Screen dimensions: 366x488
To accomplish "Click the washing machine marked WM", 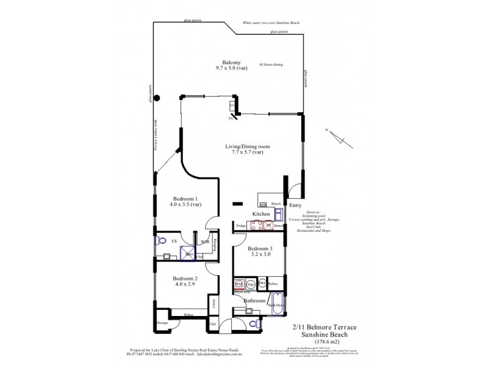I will [x=239, y=285].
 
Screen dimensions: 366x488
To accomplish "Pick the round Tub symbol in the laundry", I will [x=251, y=285].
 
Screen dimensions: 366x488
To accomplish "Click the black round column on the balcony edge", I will [x=157, y=98].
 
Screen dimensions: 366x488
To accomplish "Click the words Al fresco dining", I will [x=270, y=63].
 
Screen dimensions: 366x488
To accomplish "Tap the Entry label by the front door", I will [x=295, y=206].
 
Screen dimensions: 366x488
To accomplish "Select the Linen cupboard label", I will [x=213, y=303].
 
